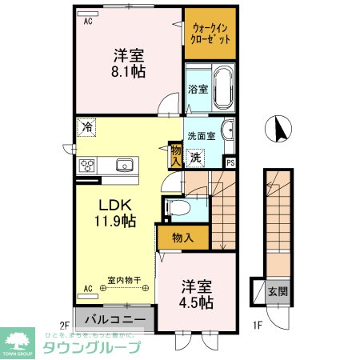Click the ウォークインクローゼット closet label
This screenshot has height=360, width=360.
(x=210, y=33)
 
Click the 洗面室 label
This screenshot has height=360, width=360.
(x=202, y=135)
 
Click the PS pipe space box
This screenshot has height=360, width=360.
(x=231, y=162)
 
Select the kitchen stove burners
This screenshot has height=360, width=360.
(x=87, y=166)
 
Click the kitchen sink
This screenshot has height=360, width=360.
(x=124, y=166)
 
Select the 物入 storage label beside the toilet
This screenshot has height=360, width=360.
(x=183, y=237)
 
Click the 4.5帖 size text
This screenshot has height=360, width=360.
(x=196, y=302)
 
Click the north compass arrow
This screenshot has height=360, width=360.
(x=280, y=128)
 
